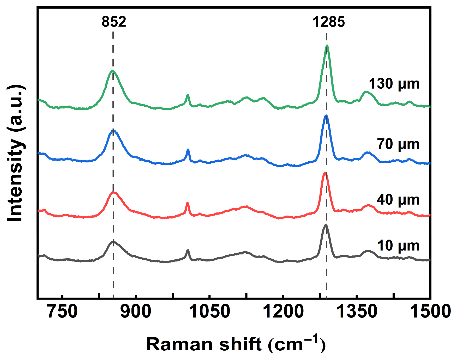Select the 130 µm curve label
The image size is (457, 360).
coord(394,84)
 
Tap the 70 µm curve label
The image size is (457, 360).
coord(398,144)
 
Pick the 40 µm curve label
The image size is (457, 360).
coord(398,200)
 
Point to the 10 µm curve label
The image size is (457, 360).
coord(398,246)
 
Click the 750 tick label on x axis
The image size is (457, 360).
coord(63,311)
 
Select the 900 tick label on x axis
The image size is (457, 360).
coord(136,311)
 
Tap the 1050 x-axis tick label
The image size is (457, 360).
coord(209,311)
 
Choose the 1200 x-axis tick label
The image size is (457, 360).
coord(283,311)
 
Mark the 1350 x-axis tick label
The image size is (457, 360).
coord(357,311)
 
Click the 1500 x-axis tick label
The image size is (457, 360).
coord(430,311)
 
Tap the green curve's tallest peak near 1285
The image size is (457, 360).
coord(327,46)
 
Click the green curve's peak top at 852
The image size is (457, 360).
coord(113,71)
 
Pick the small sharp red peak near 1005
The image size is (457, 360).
coord(187,203)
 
